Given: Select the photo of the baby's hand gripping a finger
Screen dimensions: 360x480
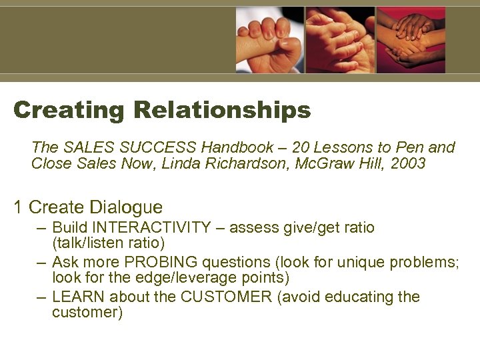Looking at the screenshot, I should point(269,40).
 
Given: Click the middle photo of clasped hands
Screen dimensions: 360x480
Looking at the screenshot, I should point(340,40).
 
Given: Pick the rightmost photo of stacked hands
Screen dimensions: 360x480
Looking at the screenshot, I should point(411,40).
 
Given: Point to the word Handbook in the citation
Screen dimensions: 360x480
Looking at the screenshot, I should point(238,147).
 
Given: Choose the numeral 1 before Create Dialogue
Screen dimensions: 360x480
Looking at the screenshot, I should point(19,207).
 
